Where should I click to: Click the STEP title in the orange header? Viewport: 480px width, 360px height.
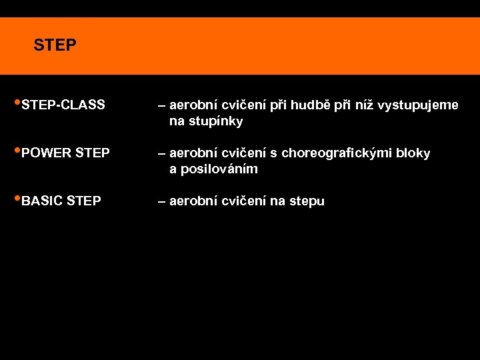55,45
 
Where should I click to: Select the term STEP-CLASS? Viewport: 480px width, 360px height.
63,105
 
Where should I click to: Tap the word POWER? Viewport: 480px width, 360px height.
47,153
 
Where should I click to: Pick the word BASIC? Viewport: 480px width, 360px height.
43,201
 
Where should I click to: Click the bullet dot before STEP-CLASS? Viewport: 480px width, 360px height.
17,103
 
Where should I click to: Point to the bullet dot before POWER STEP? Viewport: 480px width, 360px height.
17,151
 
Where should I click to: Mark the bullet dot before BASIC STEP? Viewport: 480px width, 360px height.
17,199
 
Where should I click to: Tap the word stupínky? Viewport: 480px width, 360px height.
216,122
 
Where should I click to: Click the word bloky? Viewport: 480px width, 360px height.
413,153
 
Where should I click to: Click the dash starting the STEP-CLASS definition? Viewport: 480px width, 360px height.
161,105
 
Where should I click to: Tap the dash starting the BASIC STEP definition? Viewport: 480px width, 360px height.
161,201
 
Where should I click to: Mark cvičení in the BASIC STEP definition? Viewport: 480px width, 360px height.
243,201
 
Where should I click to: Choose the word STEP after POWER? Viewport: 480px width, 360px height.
93,153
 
